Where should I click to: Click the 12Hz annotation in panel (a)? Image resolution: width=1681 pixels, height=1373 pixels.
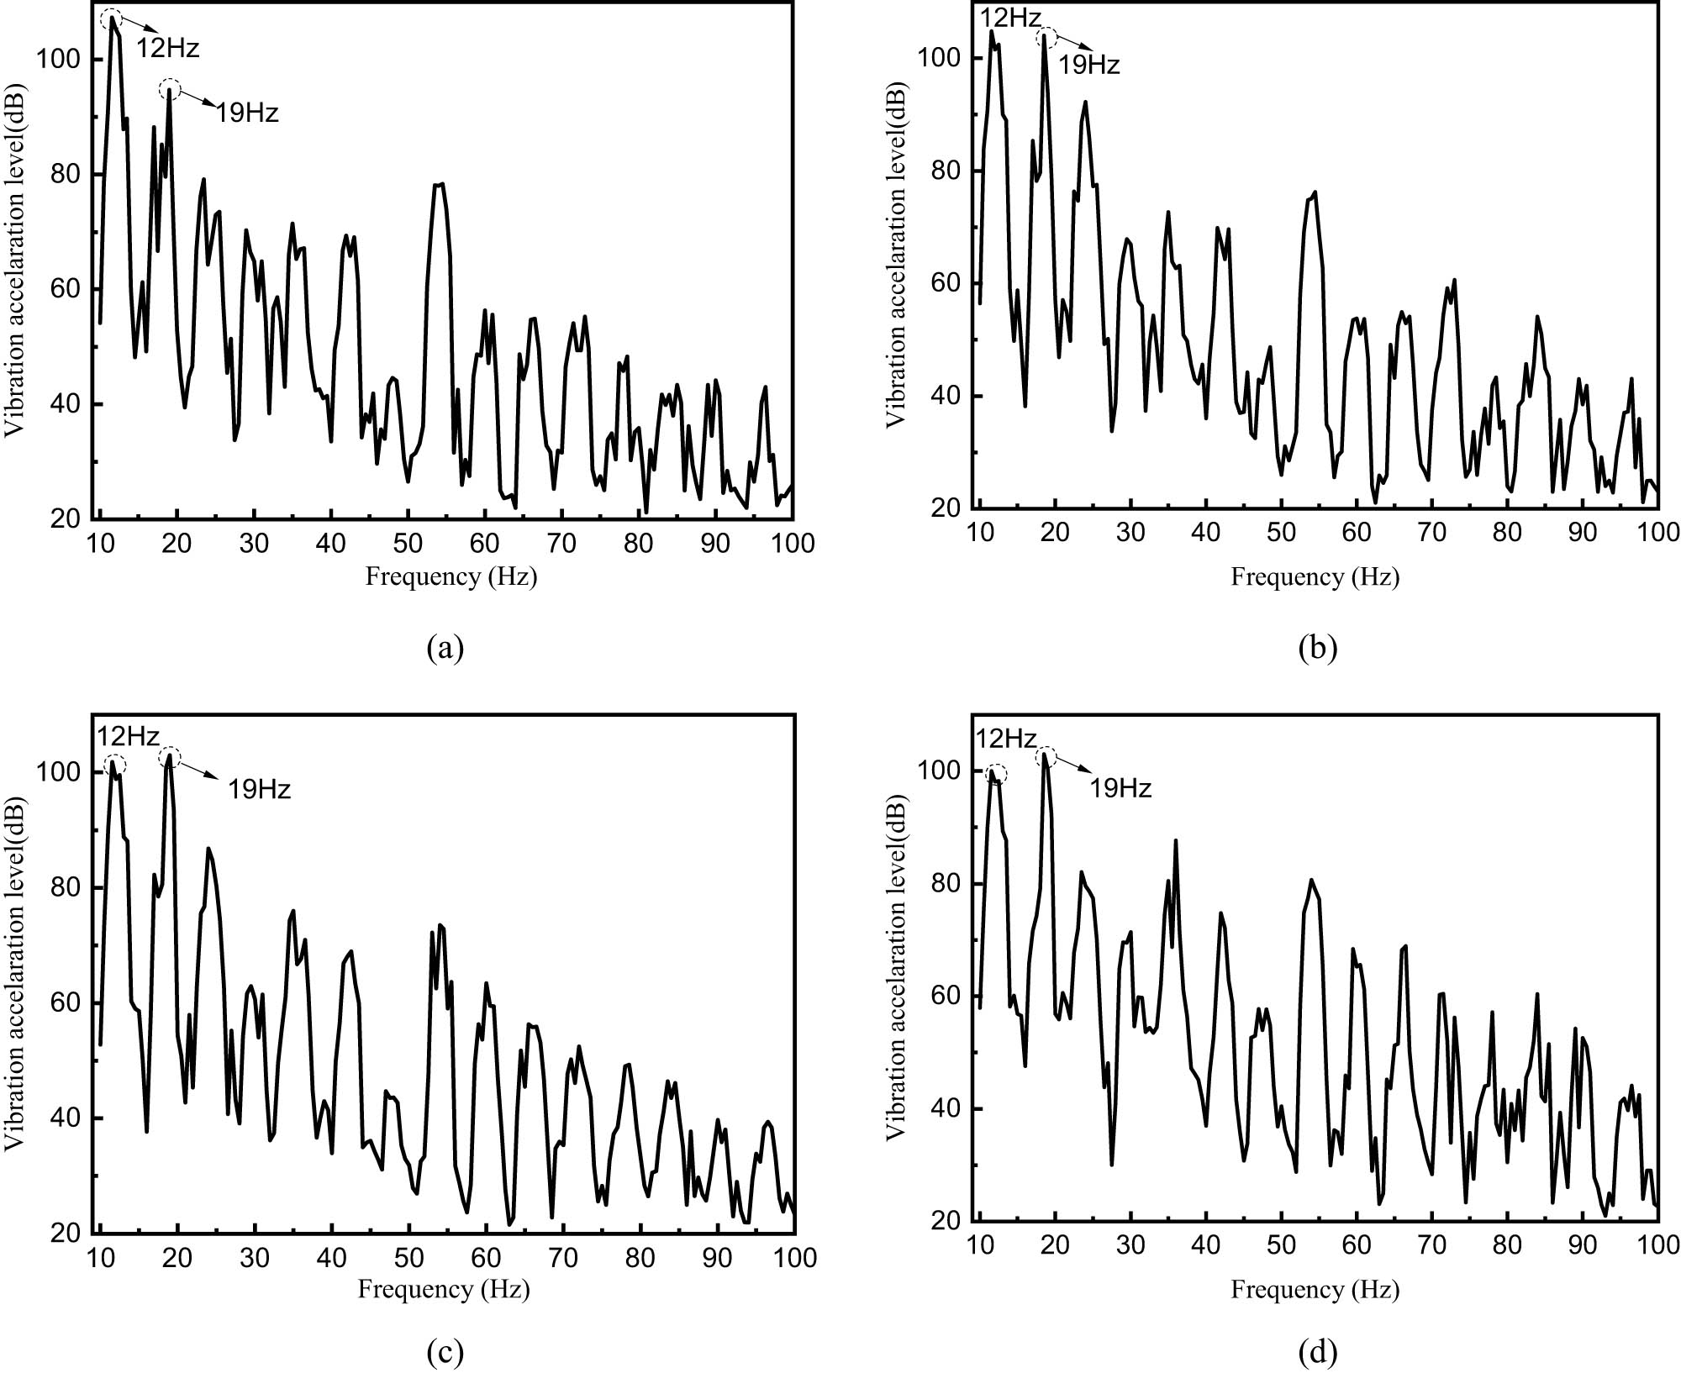coord(168,48)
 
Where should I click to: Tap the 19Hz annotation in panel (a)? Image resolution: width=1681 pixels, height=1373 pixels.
coord(247,113)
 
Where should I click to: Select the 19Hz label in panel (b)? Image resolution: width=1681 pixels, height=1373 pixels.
coord(1088,65)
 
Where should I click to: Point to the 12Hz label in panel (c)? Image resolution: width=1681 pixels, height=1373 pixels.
coord(128,737)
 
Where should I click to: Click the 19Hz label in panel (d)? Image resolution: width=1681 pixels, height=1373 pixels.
coord(1120,788)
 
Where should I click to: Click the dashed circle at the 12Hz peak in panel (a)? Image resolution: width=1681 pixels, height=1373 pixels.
coord(111,19)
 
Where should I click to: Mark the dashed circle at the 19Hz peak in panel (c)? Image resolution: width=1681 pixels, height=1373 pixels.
coord(170,756)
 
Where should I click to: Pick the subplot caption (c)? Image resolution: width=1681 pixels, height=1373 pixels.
coord(445,1352)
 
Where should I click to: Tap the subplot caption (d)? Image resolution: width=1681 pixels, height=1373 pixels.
coord(1317,1352)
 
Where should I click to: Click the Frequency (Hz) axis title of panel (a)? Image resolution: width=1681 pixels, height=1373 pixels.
coord(451,576)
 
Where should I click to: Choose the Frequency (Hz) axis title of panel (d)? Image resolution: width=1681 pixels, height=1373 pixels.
coord(1315,1289)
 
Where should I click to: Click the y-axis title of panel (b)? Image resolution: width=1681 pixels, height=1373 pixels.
coord(897,254)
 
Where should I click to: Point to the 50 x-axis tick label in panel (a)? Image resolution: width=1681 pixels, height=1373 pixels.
coord(408,544)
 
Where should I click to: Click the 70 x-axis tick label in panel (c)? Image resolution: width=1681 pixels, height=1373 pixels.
coord(563,1257)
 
